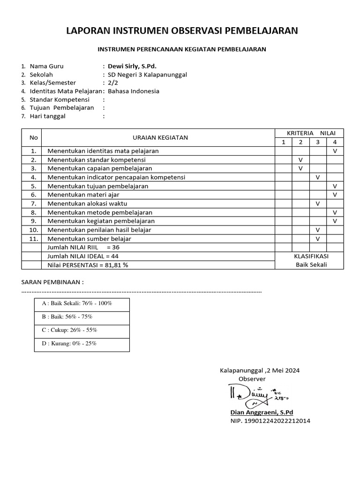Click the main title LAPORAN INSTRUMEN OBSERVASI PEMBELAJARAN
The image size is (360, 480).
coord(181,31)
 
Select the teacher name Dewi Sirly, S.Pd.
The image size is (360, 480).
coord(133,66)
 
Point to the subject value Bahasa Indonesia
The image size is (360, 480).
coord(134,91)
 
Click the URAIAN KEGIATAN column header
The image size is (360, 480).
coord(160,137)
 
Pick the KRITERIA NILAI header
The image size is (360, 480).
coord(309,133)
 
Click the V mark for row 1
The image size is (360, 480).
coord(335,151)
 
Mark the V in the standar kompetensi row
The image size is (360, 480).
coord(300,160)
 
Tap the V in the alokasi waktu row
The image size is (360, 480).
coord(318,203)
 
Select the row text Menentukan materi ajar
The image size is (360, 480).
coord(83,195)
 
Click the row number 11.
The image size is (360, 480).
coord(33,239)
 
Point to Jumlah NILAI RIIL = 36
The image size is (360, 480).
coord(84,247)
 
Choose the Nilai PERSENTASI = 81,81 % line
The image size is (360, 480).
coord(88,264)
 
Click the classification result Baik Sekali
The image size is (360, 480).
coord(311,264)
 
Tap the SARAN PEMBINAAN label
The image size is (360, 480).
coord(52,282)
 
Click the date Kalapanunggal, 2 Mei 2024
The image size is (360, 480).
coord(260,370)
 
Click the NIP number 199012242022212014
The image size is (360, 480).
coord(270,420)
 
